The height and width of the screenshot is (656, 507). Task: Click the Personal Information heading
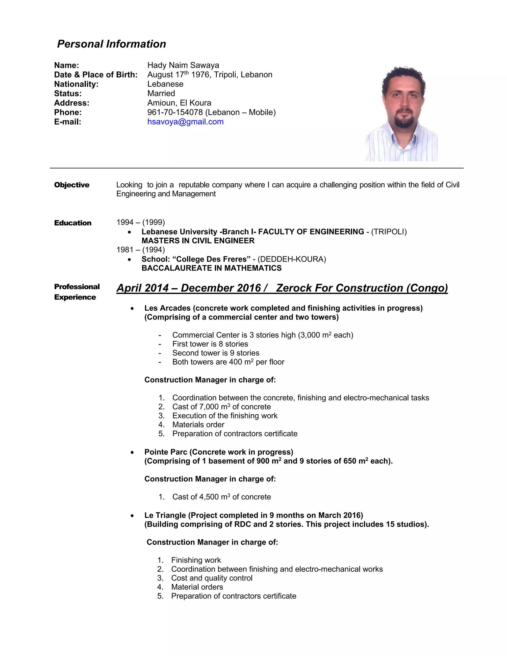coord(111,44)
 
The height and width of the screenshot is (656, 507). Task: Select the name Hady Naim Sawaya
coord(183,65)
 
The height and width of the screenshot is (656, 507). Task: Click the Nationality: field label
coord(76,84)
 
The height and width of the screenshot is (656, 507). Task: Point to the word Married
coord(161,93)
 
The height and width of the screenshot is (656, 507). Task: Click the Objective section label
coord(72,185)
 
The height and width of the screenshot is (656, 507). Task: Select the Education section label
coord(73,223)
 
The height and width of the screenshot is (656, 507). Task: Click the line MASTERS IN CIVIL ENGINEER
coord(198,241)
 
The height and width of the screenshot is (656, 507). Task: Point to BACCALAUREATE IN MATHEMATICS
coord(211,268)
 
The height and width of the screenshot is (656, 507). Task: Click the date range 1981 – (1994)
coord(141,250)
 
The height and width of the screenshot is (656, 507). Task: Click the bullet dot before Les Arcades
coord(132,308)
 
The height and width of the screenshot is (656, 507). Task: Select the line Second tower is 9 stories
coord(216,353)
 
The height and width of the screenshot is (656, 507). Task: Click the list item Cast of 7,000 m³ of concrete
coord(221,407)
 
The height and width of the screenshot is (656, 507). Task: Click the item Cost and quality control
coord(211,578)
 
